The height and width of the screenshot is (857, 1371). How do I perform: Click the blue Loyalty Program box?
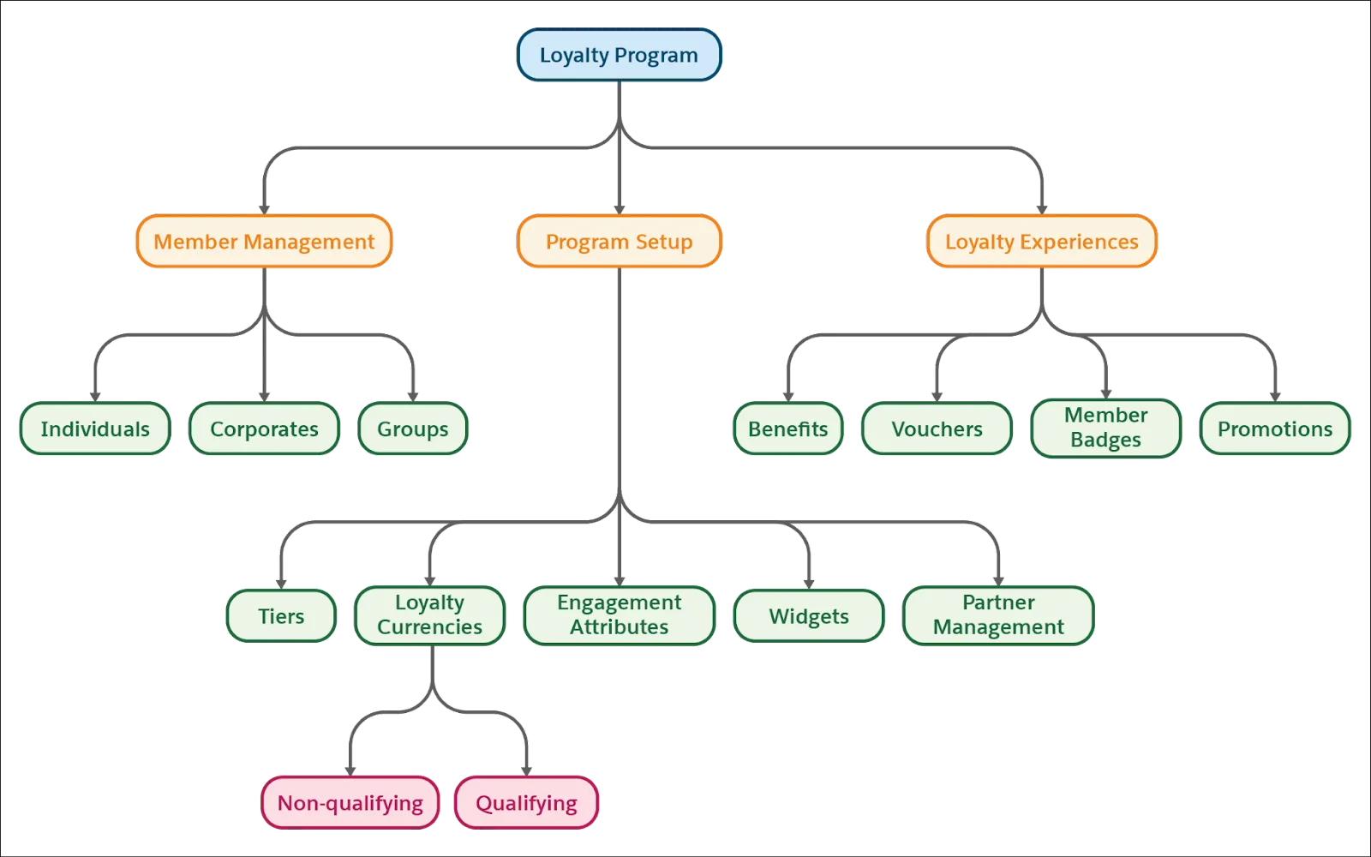pyautogui.click(x=619, y=55)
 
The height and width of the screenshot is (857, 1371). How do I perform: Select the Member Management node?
pyautogui.click(x=264, y=242)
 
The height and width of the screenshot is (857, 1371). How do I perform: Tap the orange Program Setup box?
pyautogui.click(x=619, y=242)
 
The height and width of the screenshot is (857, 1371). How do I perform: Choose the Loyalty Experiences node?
pyautogui.click(x=1041, y=242)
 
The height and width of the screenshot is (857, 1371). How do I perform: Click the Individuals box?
pyautogui.click(x=95, y=428)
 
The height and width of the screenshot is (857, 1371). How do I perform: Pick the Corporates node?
pyautogui.click(x=264, y=428)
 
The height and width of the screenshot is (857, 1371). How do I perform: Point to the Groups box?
pyautogui.click(x=413, y=428)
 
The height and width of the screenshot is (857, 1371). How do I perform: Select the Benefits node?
pyautogui.click(x=787, y=428)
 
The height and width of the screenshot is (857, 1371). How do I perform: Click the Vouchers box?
pyautogui.click(x=937, y=428)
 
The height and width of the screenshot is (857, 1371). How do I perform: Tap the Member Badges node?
pyautogui.click(x=1105, y=428)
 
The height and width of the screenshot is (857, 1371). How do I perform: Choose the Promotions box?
pyautogui.click(x=1275, y=428)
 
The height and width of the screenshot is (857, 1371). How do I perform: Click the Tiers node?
pyautogui.click(x=281, y=615)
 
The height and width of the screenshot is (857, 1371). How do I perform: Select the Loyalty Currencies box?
pyautogui.click(x=430, y=614)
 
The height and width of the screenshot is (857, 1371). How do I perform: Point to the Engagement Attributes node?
pyautogui.click(x=619, y=614)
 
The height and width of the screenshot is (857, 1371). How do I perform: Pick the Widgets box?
pyautogui.click(x=809, y=615)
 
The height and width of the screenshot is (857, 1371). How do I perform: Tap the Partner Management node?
pyautogui.click(x=998, y=614)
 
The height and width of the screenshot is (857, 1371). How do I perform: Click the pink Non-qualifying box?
pyautogui.click(x=350, y=802)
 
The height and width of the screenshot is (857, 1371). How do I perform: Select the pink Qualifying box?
pyautogui.click(x=526, y=802)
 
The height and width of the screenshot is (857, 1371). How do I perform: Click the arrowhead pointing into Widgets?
pyautogui.click(x=809, y=583)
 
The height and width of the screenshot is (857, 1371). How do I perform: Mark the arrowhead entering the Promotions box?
pyautogui.click(x=1275, y=396)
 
